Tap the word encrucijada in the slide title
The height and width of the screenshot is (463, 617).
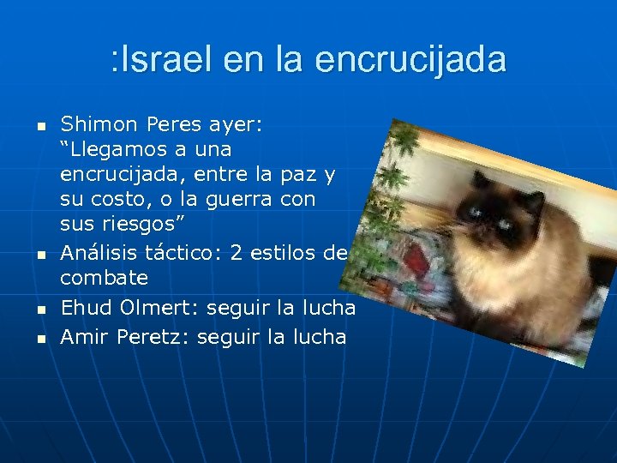410,60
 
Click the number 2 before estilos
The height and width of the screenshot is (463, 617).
235,253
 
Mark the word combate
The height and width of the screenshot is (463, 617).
104,278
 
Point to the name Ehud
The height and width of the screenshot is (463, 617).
85,307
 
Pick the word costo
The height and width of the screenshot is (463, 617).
117,200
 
